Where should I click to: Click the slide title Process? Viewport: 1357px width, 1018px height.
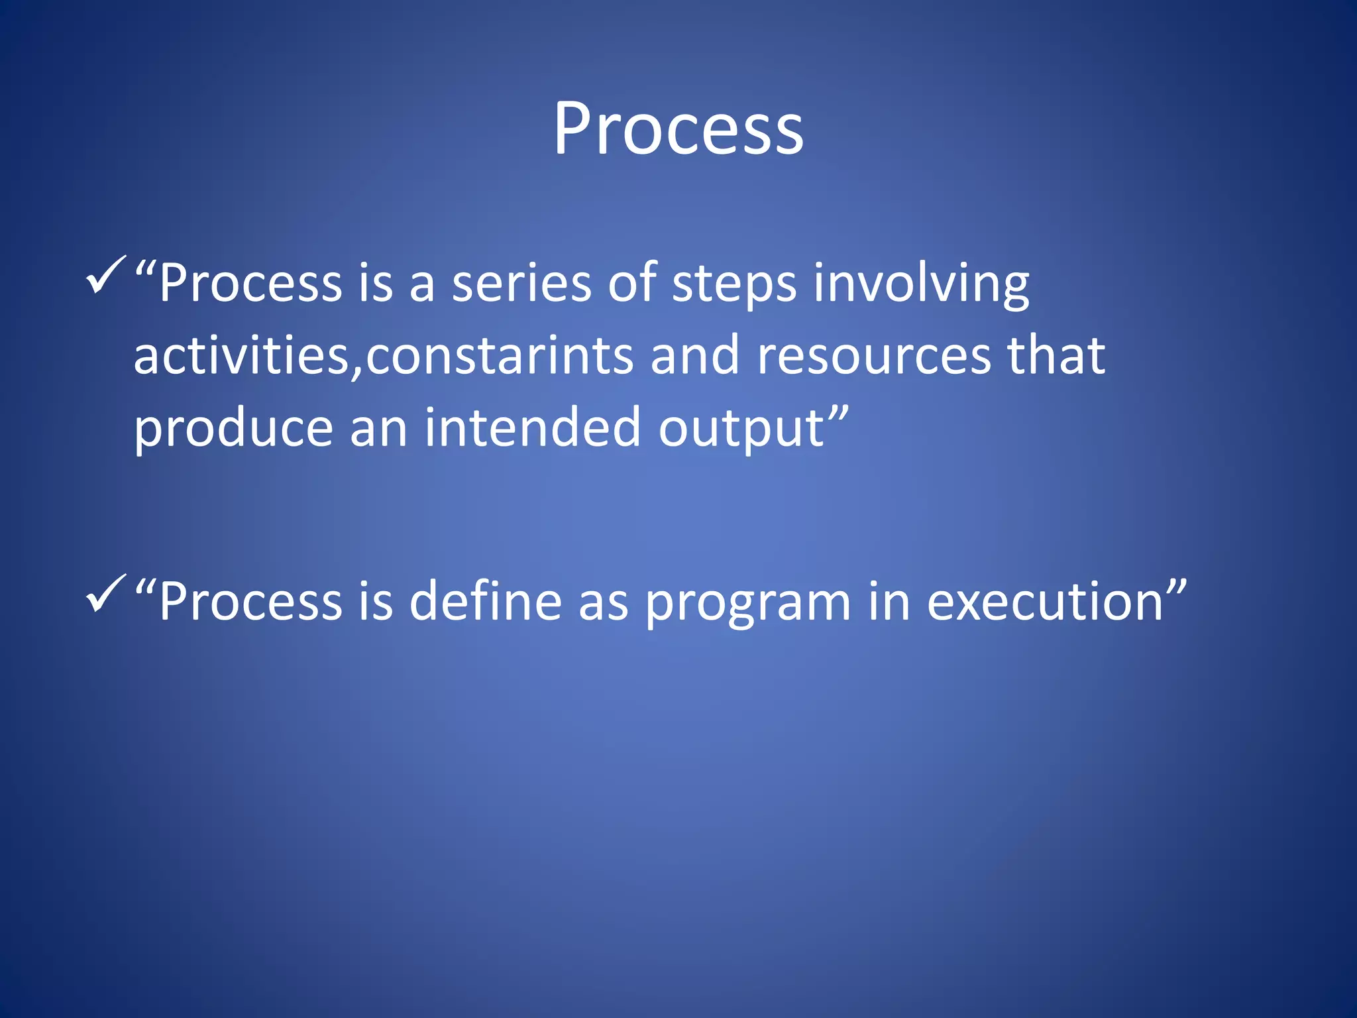point(678,129)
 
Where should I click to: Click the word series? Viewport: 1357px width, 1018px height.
point(521,284)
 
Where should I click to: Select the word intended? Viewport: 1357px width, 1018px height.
point(533,427)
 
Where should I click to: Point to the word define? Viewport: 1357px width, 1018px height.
point(486,601)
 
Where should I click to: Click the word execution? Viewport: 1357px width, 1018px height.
point(1045,602)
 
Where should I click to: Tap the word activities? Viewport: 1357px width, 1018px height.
point(241,356)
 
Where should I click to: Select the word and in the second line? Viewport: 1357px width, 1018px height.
point(694,356)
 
